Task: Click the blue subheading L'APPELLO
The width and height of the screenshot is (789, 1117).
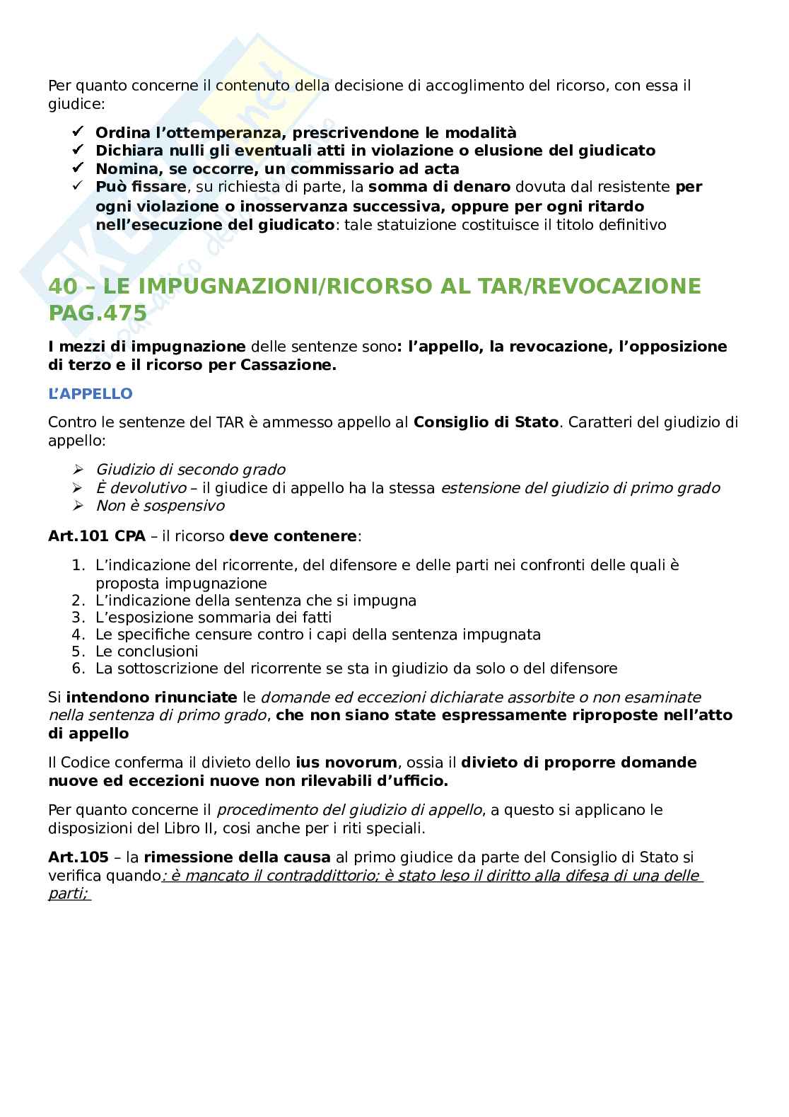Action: click(x=90, y=394)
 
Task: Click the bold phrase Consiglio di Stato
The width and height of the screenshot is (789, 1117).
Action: click(x=486, y=423)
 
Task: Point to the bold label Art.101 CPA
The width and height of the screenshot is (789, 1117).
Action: click(x=97, y=536)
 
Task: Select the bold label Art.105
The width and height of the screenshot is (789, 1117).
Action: click(x=78, y=857)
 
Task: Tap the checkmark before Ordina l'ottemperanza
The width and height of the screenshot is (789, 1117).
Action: click(x=78, y=132)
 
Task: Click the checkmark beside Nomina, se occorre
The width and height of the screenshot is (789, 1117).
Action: click(x=78, y=169)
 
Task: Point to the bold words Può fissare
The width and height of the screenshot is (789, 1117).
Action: click(x=141, y=187)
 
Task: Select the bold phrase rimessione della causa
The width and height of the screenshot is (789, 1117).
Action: click(x=238, y=857)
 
